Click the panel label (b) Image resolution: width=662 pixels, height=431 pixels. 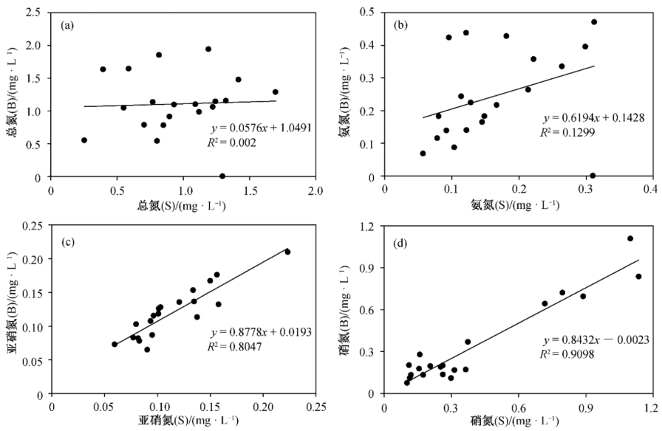click(x=402, y=25)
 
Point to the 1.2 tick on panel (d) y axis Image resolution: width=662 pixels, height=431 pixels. click(x=369, y=228)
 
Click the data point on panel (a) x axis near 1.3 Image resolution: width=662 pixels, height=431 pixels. click(x=222, y=176)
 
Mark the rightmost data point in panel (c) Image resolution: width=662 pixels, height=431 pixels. click(x=287, y=252)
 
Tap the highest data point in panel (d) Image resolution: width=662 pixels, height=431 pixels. click(x=630, y=238)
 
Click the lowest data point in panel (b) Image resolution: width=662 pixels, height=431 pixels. click(x=593, y=176)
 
